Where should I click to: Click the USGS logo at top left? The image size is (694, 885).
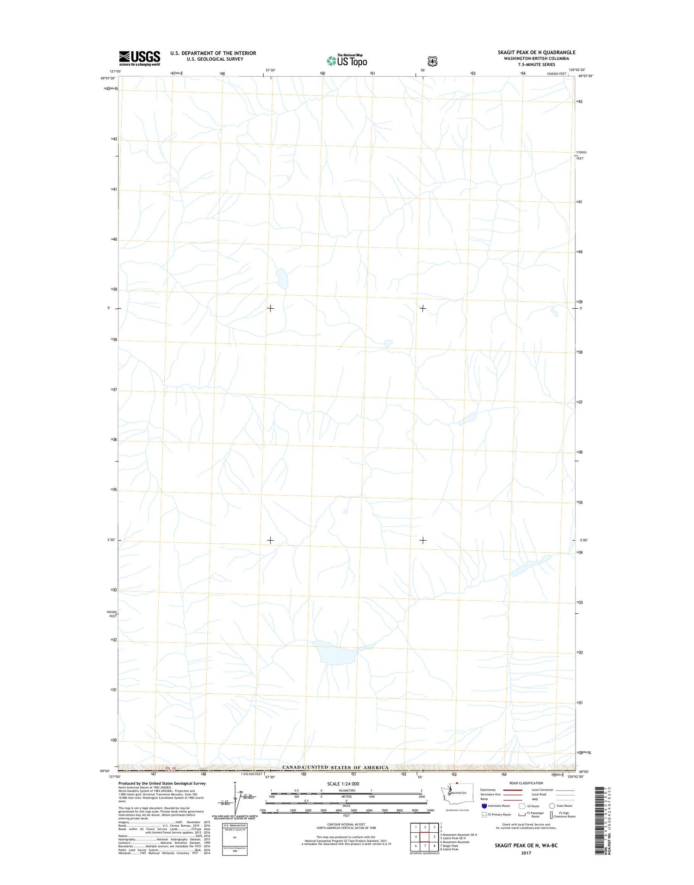[139, 58]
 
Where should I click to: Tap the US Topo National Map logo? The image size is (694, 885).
[347, 60]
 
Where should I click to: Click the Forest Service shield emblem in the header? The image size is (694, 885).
[432, 61]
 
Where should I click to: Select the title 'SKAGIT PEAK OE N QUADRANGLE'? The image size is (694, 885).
[530, 52]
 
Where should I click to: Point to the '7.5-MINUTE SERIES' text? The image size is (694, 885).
[536, 64]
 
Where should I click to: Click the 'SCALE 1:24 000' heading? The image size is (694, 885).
[343, 784]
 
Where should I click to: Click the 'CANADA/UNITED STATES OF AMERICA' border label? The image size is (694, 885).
[335, 767]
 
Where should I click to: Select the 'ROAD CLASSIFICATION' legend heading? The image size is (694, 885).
[527, 783]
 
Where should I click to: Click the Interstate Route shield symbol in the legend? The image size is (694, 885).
[484, 806]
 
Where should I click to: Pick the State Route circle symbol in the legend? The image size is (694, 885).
[552, 806]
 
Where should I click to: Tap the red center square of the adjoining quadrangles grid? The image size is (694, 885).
[425, 836]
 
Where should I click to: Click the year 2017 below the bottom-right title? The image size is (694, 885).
[526, 853]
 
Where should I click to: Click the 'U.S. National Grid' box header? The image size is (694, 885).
[235, 825]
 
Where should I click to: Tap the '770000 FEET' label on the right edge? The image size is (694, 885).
[581, 155]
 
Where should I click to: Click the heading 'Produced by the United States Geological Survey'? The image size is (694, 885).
[161, 783]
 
